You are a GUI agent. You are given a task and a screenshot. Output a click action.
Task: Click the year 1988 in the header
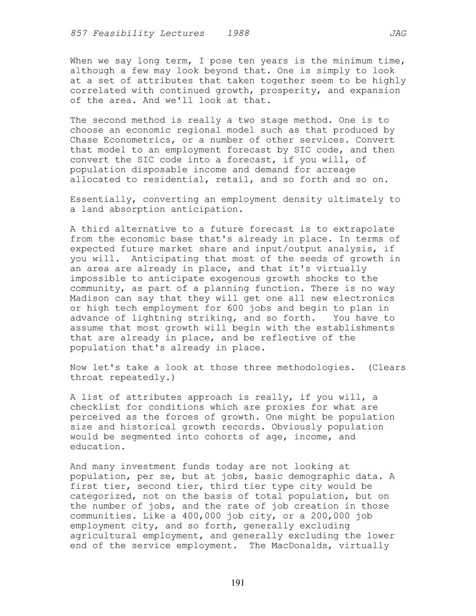click(x=238, y=33)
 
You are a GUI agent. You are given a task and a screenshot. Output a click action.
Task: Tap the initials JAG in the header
click(x=398, y=33)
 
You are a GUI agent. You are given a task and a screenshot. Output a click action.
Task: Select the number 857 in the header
click(x=79, y=33)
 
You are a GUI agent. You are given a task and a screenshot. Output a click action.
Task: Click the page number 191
click(x=238, y=583)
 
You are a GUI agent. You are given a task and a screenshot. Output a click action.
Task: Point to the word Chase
click(x=84, y=140)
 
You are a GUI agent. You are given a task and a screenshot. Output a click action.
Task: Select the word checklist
click(x=95, y=407)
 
